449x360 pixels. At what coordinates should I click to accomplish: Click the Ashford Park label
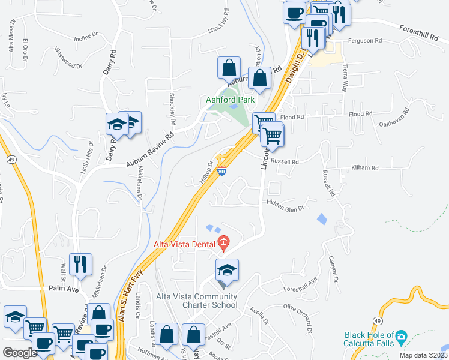click(x=231, y=100)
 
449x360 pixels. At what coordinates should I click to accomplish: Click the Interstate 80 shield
click(x=221, y=172)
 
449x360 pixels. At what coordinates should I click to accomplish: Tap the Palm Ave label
click(x=64, y=289)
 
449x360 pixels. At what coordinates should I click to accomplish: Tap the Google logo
click(x=20, y=353)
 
